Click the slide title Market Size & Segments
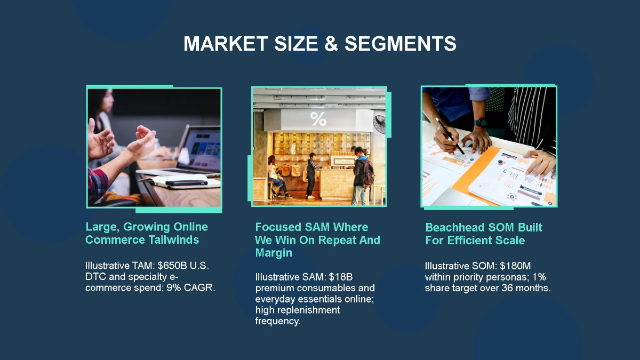(319, 44)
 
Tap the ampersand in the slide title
(331, 44)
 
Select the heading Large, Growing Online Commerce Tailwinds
(147, 233)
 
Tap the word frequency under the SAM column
(278, 321)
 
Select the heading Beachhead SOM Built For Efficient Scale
(483, 234)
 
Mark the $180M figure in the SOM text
(519, 266)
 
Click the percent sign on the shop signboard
(318, 118)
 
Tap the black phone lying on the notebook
(186, 182)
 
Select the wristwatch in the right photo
(481, 122)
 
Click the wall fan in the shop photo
(380, 124)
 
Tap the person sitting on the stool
(276, 176)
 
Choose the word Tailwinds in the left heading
(171, 239)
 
